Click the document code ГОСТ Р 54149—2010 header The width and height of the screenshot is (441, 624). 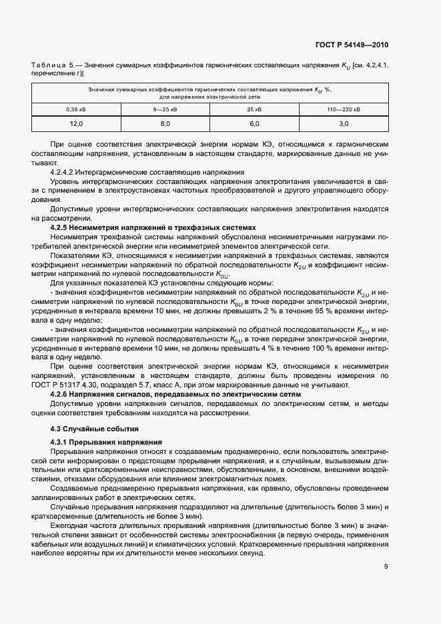coord(352,45)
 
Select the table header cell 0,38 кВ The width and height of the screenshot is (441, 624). coord(75,109)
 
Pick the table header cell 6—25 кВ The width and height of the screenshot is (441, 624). coord(165,109)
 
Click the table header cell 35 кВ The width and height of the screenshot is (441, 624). coord(254,109)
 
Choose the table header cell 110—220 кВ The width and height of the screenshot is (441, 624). coord(344,109)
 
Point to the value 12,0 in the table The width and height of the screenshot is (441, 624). coord(75,123)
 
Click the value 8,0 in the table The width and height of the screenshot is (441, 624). coord(165,123)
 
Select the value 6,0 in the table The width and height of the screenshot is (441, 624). coord(254,123)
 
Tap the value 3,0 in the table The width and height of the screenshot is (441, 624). coord(344,123)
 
